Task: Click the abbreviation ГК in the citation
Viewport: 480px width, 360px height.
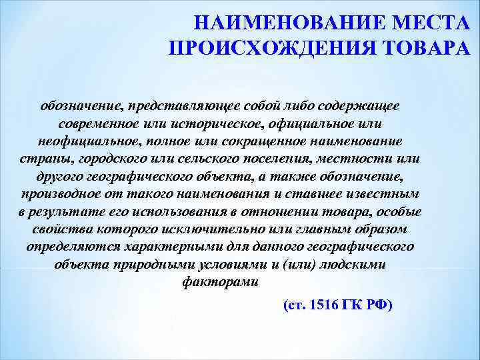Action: [352, 305]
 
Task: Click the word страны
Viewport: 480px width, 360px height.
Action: [45, 159]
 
